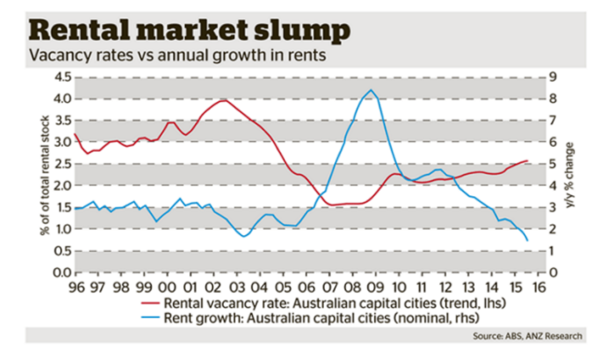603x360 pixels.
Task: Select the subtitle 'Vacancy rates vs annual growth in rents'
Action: click(178, 55)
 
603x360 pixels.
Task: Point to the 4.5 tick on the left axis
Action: click(61, 77)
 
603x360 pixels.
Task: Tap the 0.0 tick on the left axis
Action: click(61, 272)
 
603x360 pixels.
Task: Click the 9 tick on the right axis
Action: click(553, 77)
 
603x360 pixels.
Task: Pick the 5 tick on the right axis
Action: click(553, 164)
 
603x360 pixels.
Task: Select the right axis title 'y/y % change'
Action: click(570, 174)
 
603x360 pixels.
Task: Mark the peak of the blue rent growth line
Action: click(370, 90)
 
